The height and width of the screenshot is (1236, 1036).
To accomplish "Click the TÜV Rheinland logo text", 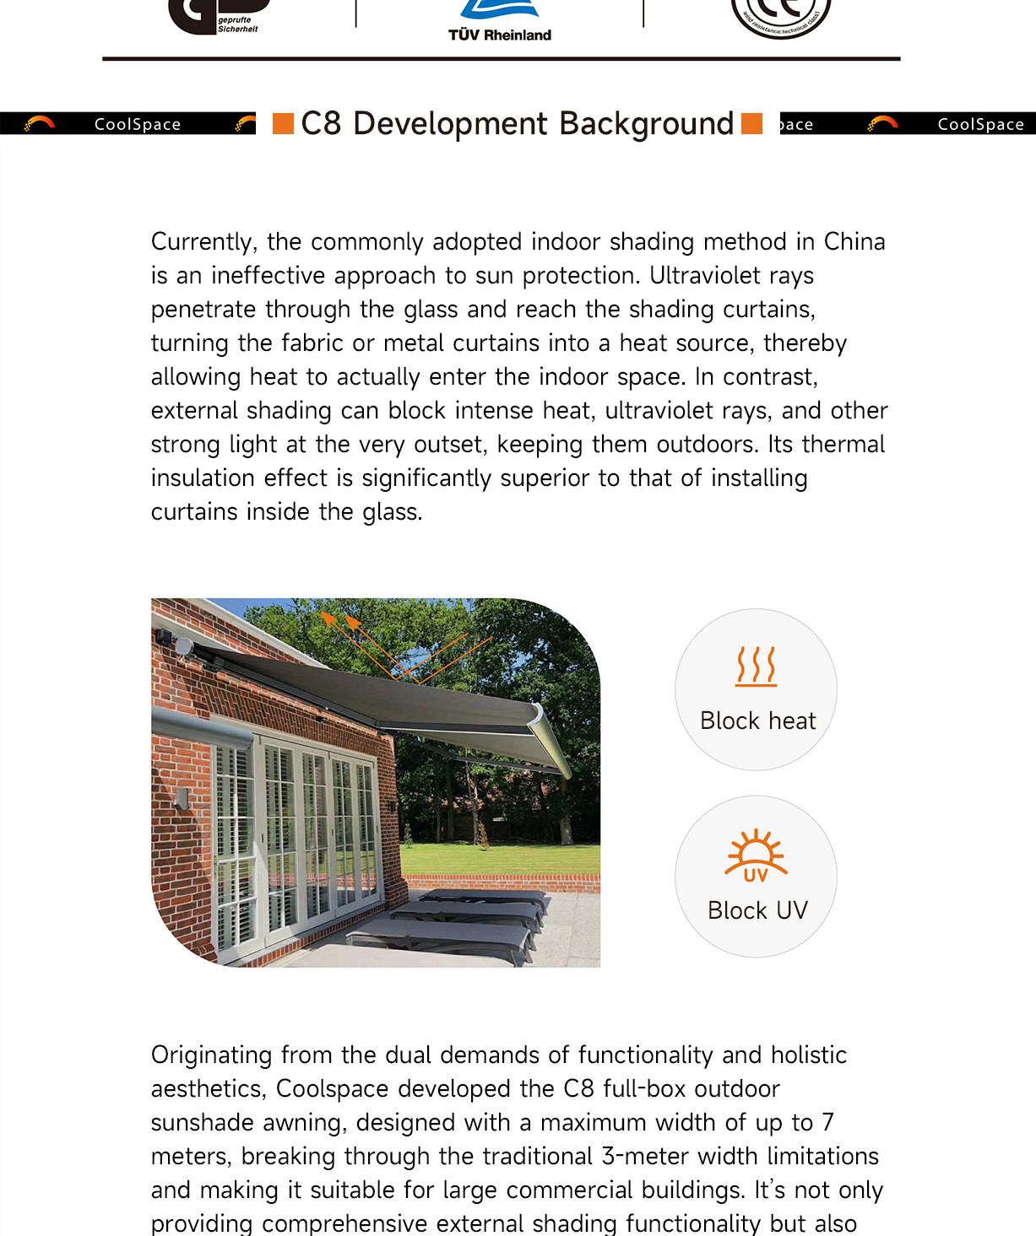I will (500, 35).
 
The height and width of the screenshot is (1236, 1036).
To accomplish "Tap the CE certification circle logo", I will (781, 15).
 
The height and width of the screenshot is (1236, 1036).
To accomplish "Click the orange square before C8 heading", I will (283, 124).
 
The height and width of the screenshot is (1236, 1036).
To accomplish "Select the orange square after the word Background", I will (751, 124).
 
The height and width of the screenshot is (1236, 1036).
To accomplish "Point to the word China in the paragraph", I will (854, 242).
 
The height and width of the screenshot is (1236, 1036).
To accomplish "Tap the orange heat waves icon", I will (756, 666).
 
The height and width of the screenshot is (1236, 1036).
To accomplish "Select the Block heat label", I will (757, 721).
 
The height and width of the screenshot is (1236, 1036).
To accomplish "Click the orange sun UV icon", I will (756, 855).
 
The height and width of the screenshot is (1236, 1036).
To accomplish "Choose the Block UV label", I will (757, 911).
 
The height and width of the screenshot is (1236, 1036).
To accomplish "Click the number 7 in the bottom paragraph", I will (828, 1123).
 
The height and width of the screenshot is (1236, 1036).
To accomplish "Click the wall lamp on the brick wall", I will (182, 797).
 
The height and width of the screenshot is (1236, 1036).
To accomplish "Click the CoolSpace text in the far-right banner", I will (980, 124).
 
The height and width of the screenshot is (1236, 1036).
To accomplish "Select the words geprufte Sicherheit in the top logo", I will (237, 24).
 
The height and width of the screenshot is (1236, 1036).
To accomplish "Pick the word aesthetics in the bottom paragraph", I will (208, 1089).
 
